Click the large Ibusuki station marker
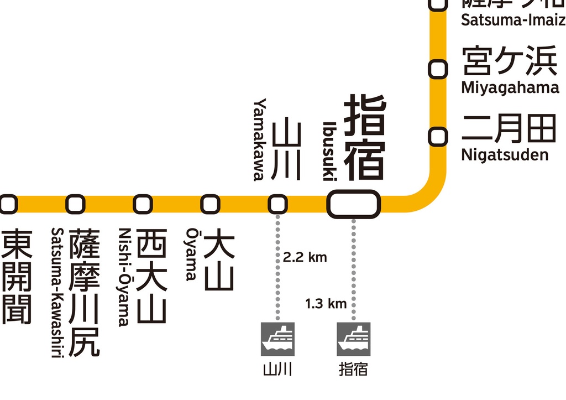tap(354, 204)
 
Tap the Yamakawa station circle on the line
tap(277, 204)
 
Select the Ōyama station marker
tap(210, 204)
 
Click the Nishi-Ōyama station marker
tap(143, 204)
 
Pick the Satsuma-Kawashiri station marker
tap(75, 204)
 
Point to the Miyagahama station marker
tap(438, 70)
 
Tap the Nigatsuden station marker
tap(438, 136)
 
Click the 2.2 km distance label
tap(305, 257)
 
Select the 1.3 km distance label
tap(326, 303)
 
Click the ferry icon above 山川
tap(277, 339)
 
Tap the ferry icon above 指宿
tap(354, 339)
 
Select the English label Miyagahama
tap(510, 88)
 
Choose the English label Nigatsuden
tap(505, 154)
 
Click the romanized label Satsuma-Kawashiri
tap(56, 293)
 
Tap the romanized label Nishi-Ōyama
tap(124, 277)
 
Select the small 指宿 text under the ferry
tap(353, 369)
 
